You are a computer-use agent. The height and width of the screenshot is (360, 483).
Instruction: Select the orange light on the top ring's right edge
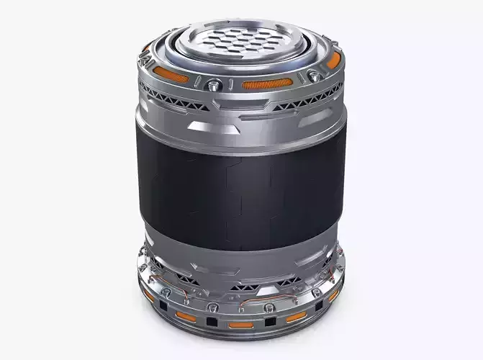pyautogui.click(x=332, y=62)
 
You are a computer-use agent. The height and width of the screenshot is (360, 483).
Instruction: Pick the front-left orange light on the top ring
pyautogui.click(x=171, y=76)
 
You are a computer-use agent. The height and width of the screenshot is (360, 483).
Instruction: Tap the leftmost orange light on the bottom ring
pyautogui.click(x=149, y=294)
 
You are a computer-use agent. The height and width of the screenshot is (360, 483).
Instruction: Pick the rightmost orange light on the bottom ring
pyautogui.click(x=333, y=294)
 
